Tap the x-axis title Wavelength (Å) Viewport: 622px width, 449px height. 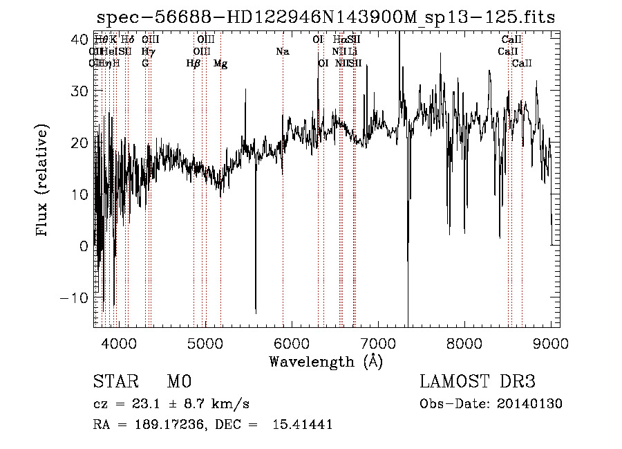326,361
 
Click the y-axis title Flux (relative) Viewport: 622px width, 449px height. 44,181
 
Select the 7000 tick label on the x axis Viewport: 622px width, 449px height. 377,342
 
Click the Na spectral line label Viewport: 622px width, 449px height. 282,52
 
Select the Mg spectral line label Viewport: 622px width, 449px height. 220,64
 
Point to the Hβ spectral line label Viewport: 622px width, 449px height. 194,64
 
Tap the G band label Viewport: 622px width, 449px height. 145,64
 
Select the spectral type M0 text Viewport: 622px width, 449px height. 178,382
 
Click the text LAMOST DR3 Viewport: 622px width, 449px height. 477,382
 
